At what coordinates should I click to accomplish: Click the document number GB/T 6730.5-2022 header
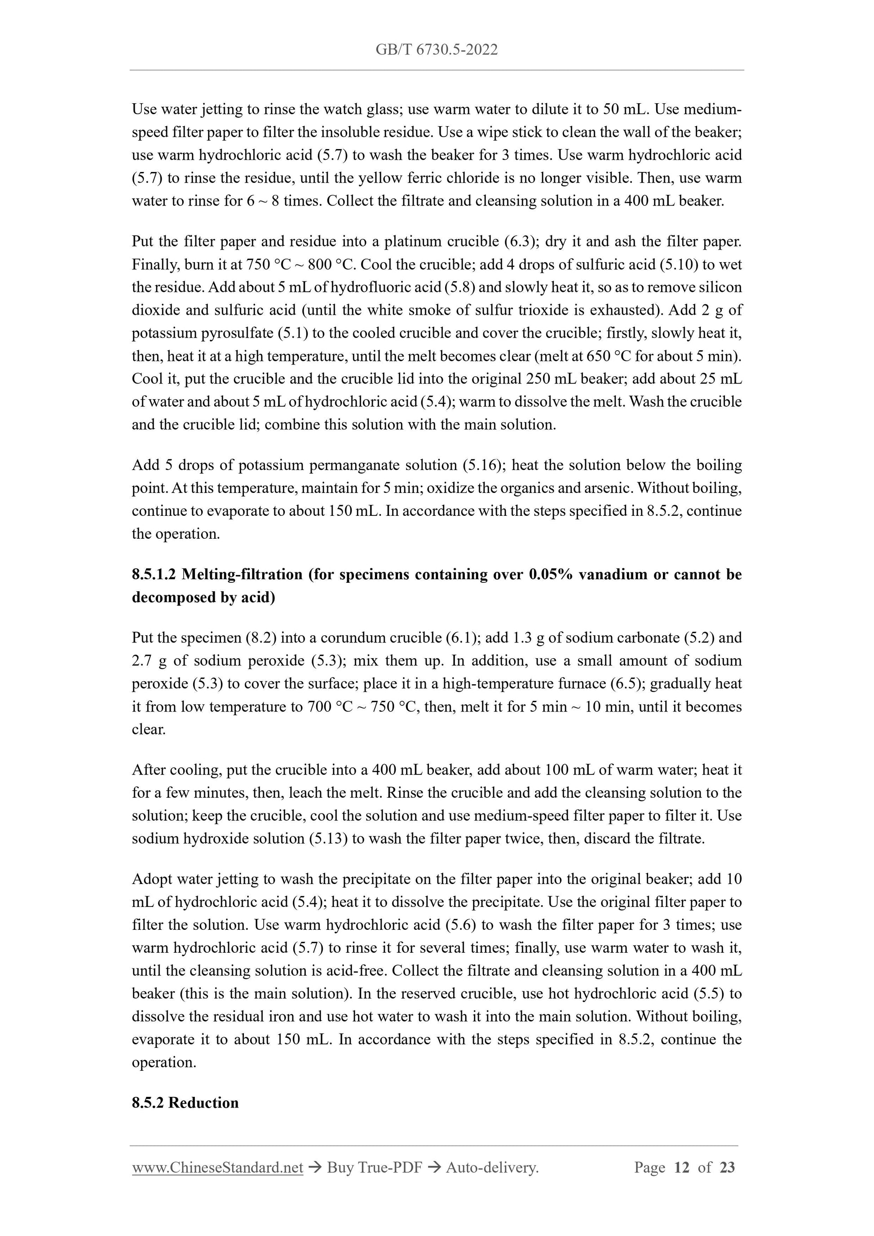[436, 50]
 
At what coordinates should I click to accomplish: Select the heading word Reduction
[203, 1103]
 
